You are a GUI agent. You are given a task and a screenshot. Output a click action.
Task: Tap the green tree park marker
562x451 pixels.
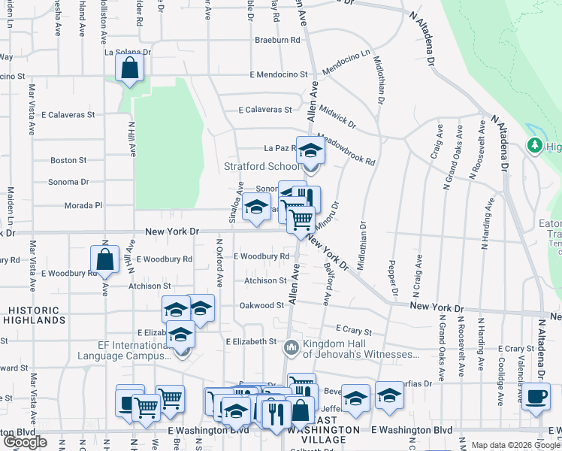[536, 144]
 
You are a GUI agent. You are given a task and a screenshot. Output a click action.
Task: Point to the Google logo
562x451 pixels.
[25, 442]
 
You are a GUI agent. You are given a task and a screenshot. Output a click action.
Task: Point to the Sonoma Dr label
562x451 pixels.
[69, 182]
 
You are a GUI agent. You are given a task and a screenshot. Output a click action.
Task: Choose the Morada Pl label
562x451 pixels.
[83, 204]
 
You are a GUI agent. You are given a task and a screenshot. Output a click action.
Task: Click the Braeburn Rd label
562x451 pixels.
[278, 39]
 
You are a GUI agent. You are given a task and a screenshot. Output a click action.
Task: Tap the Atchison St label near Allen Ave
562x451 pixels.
[265, 281]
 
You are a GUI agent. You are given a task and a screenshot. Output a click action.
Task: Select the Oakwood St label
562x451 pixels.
[261, 305]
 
